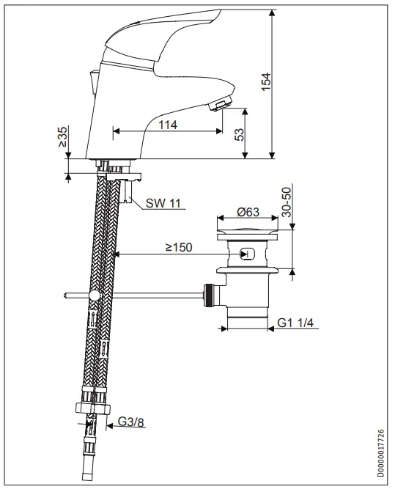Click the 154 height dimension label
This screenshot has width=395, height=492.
pos(266,82)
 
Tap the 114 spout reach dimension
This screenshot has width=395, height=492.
pos(168,125)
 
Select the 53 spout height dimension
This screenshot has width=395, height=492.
pos(239,134)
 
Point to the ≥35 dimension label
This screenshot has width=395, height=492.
pos(63,137)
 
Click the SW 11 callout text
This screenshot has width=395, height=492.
pos(163,203)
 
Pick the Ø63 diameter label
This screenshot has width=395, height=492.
pos(248,212)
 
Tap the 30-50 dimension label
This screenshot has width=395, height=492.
pos(287,202)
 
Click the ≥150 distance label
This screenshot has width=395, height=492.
pos(179,247)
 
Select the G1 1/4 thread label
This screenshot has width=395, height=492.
pos(295,323)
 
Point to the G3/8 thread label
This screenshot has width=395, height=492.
pos(130,422)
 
